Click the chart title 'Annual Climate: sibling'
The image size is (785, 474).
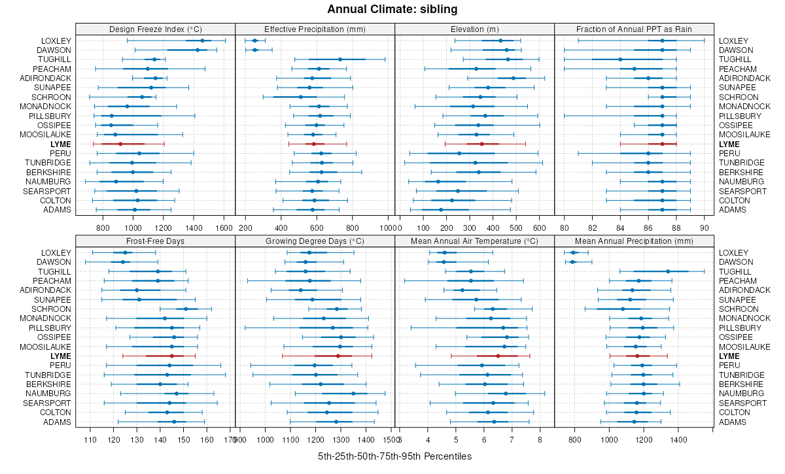click(392, 9)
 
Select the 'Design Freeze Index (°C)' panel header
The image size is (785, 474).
click(155, 29)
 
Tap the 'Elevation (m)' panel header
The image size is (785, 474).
click(474, 29)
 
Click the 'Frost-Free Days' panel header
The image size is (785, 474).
click(155, 241)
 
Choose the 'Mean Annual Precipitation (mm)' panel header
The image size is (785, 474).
click(634, 241)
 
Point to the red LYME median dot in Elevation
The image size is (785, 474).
click(481, 144)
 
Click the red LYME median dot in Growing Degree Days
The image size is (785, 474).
click(338, 356)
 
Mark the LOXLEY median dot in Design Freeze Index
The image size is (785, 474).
click(202, 41)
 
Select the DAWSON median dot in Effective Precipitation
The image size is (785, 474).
click(254, 50)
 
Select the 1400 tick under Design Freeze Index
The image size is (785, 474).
click(194, 228)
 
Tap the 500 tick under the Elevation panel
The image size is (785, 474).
click(515, 228)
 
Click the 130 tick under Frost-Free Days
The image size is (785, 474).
click(137, 440)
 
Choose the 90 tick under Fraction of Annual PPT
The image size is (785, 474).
click(704, 228)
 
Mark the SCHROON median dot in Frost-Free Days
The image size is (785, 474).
click(186, 309)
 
